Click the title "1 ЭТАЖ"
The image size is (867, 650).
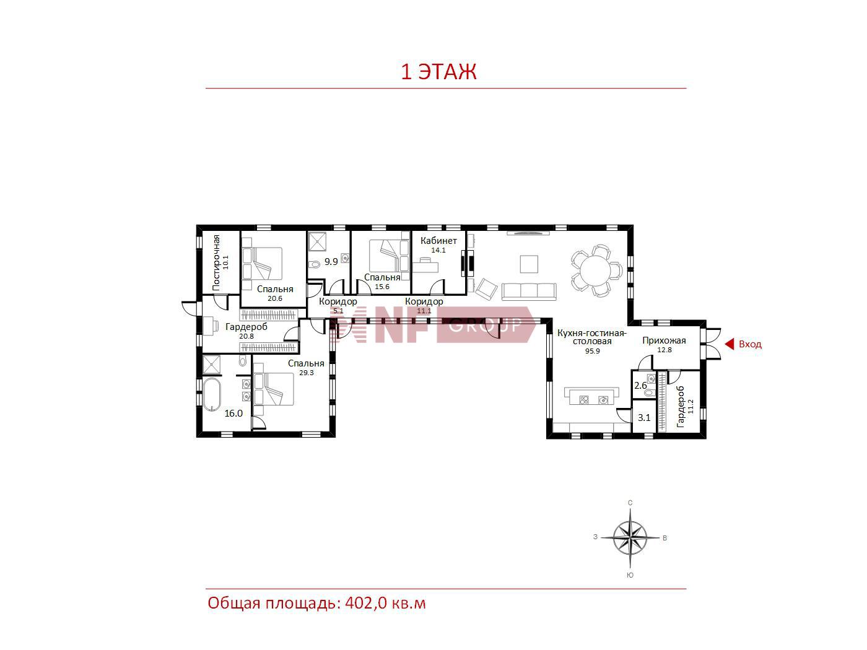point(438,72)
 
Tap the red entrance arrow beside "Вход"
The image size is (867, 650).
point(729,344)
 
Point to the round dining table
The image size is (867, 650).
point(596,271)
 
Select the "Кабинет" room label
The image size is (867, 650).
point(438,241)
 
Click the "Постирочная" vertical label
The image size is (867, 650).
point(216,263)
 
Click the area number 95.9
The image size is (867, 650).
point(592,351)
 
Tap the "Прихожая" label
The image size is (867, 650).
point(664,340)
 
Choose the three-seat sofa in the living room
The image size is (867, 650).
point(528,291)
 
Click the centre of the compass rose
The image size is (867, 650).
point(630,537)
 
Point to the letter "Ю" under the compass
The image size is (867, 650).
point(630,575)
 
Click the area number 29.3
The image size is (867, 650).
point(306,373)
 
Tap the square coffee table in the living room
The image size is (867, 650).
point(528,264)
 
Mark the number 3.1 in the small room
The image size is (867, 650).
point(644,417)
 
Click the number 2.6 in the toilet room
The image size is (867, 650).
point(640,386)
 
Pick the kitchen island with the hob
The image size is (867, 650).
point(591,396)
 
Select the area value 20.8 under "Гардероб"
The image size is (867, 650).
point(246,336)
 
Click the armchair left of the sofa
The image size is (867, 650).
point(486,289)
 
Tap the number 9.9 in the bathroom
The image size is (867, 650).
point(331,262)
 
